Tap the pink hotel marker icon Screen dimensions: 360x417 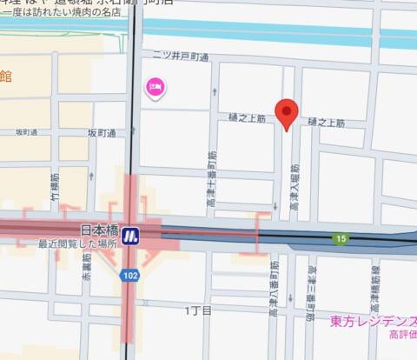[156, 87]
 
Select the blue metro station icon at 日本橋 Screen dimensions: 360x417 [131, 234]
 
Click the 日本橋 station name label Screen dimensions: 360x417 [99, 231]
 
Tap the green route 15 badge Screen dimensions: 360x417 [343, 238]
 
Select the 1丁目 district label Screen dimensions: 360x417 [198, 310]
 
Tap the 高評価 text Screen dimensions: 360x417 [402, 335]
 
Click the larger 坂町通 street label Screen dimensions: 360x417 [102, 133]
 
